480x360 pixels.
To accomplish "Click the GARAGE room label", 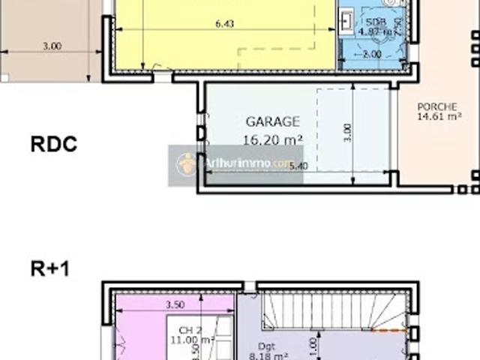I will (x=272, y=121).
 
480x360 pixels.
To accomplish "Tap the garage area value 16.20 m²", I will (x=272, y=138).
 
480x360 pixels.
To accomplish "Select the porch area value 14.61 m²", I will (x=439, y=116).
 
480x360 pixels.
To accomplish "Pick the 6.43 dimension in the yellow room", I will (x=225, y=24).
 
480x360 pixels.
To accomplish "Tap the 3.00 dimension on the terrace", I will (x=52, y=46).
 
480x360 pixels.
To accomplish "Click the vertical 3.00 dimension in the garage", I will (x=346, y=132).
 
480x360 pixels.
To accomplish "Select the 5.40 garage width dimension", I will (x=298, y=166).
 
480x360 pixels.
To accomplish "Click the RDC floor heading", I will (x=54, y=145).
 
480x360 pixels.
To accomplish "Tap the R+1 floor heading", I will (x=50, y=268).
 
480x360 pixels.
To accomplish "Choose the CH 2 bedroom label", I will (x=190, y=329).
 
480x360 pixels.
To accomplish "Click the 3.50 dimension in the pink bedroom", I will (x=173, y=306).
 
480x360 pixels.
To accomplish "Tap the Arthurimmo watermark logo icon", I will (x=185, y=163).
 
